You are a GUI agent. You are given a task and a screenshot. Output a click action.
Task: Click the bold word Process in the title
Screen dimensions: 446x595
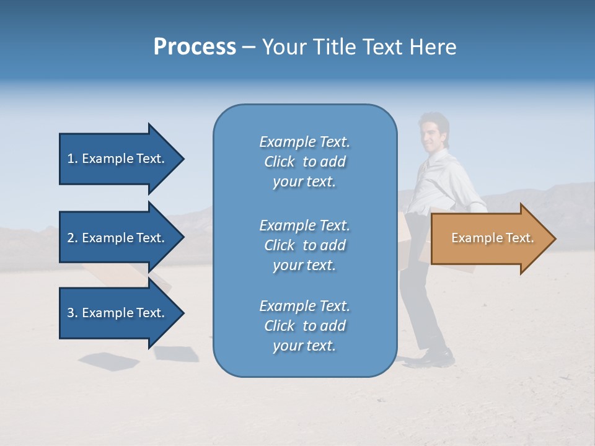point(195,47)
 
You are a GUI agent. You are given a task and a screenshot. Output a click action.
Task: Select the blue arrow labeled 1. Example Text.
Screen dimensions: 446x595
point(118,159)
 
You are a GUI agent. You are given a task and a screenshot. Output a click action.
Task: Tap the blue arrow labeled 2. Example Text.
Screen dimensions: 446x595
point(118,238)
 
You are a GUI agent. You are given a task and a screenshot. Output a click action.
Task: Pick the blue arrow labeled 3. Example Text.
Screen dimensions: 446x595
point(118,313)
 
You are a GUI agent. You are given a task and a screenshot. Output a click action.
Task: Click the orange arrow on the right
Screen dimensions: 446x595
point(490,238)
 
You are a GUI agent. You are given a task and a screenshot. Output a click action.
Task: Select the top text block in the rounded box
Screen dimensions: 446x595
point(304,162)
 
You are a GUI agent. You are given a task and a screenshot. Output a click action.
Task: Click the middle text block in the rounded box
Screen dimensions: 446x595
point(304,245)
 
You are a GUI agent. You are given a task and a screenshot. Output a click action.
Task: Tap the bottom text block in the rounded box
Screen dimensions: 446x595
point(304,326)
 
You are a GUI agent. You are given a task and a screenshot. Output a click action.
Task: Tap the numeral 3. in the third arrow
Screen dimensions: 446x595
point(73,313)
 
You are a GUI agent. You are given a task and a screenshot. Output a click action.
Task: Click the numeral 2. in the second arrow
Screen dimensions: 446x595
point(73,238)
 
